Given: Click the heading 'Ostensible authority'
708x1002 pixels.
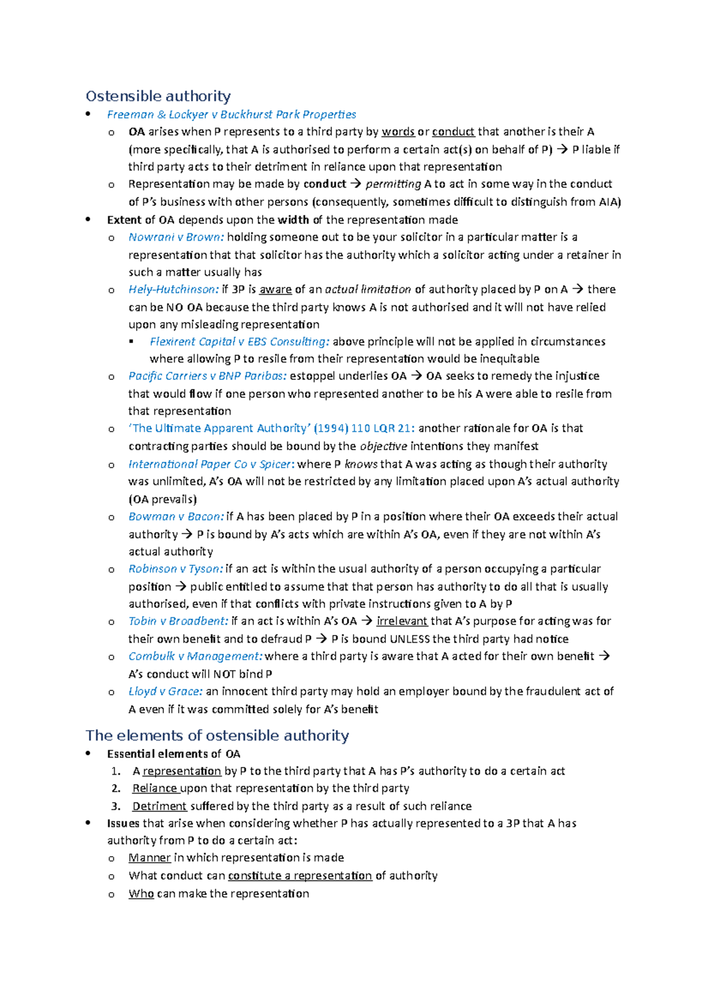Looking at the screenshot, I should click(x=158, y=96).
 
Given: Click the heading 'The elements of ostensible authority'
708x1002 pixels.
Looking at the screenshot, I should click(x=217, y=735).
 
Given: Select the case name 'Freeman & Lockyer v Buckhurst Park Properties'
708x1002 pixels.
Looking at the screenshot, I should click(x=231, y=114).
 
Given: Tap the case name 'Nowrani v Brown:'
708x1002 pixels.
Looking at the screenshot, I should click(x=176, y=237).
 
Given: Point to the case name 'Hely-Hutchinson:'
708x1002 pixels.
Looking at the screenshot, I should click(x=173, y=289).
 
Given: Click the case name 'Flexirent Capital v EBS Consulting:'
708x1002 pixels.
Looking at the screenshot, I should click(x=240, y=342).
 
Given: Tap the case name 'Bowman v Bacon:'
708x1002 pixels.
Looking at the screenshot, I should click(x=176, y=516).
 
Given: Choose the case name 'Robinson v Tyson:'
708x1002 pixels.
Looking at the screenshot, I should click(x=175, y=569).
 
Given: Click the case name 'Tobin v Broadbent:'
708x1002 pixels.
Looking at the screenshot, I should click(x=178, y=621).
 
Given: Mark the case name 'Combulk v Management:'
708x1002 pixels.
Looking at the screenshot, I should click(x=195, y=656).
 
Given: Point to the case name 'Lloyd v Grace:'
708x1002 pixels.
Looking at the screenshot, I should click(x=165, y=691).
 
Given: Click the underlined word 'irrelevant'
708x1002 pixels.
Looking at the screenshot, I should click(x=402, y=621).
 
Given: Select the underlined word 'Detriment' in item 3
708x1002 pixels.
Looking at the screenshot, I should click(x=159, y=806).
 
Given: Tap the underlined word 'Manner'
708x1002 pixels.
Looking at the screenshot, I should click(x=149, y=858).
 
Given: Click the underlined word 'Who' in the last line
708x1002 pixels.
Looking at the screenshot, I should click(x=141, y=893).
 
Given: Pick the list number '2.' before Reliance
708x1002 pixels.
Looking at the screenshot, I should click(x=116, y=788).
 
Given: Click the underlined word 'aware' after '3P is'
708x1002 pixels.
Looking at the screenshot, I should click(x=276, y=289).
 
